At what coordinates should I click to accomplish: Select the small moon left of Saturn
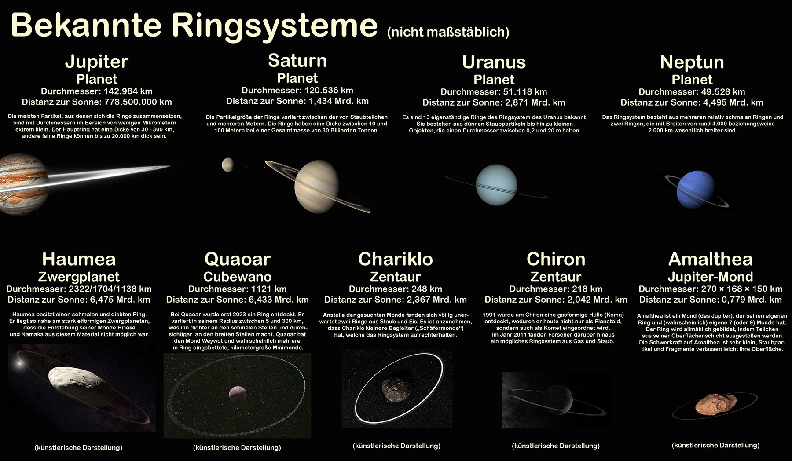[x=227, y=165]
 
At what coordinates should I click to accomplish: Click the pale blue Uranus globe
[x=496, y=185]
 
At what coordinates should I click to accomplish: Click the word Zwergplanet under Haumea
[x=79, y=277]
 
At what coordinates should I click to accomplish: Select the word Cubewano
[x=238, y=277]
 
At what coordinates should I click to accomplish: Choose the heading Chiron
[x=556, y=260]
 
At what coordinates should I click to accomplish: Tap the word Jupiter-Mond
[x=710, y=277]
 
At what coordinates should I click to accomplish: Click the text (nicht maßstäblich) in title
[x=448, y=32]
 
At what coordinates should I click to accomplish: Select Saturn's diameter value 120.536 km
[x=328, y=91]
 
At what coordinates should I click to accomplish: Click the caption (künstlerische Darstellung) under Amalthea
[x=715, y=446]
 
